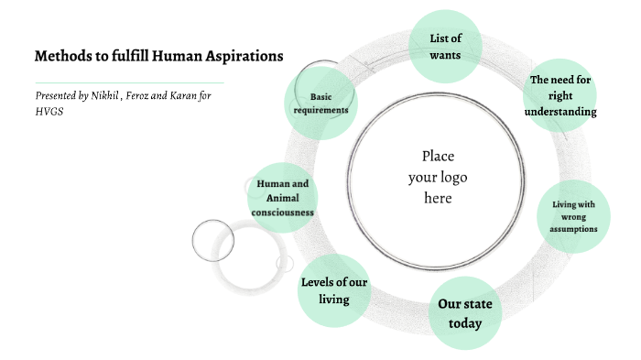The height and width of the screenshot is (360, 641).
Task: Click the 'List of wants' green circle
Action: [444, 46]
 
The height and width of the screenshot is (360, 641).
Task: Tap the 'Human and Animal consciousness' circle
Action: [282, 197]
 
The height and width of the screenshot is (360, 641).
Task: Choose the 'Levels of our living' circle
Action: [334, 289]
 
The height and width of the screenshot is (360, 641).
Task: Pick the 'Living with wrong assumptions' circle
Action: [574, 216]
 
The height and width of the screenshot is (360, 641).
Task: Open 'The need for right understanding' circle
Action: [560, 95]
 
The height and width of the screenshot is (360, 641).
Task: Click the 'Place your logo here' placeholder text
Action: [437, 176]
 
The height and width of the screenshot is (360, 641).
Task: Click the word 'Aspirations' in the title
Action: [243, 56]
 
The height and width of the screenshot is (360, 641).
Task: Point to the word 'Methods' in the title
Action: [61, 56]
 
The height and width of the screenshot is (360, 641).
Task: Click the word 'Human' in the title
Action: [178, 56]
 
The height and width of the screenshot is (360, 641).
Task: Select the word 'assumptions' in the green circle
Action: [574, 229]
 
